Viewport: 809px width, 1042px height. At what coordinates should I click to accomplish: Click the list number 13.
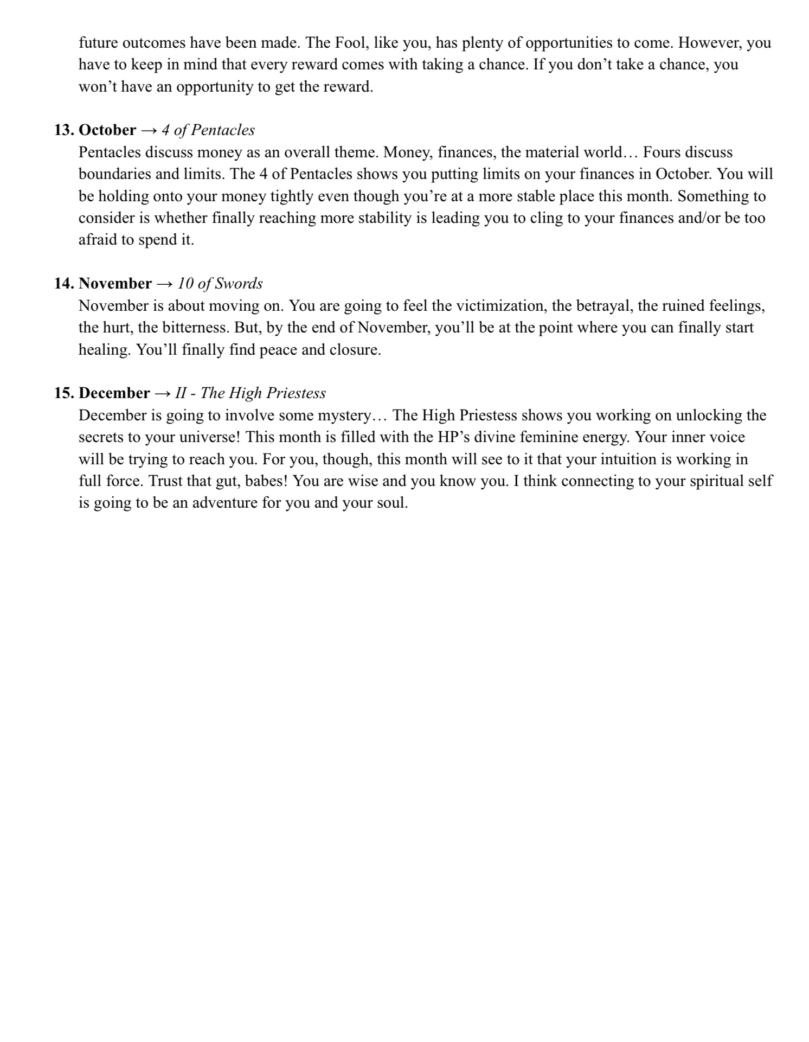point(64,130)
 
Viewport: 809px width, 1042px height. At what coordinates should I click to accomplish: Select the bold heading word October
point(107,130)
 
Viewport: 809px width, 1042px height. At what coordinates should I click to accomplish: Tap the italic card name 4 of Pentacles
point(208,130)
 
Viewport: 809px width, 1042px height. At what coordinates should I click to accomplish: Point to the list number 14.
point(64,284)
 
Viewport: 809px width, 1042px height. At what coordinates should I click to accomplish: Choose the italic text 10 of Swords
point(220,284)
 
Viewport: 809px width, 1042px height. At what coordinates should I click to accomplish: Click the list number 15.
point(64,393)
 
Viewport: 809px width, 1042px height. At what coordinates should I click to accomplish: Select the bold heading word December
point(114,393)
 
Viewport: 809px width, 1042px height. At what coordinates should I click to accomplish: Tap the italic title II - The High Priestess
point(250,393)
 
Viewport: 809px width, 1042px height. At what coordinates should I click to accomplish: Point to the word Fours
point(662,152)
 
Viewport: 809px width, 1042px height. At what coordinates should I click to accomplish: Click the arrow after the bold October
point(149,130)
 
